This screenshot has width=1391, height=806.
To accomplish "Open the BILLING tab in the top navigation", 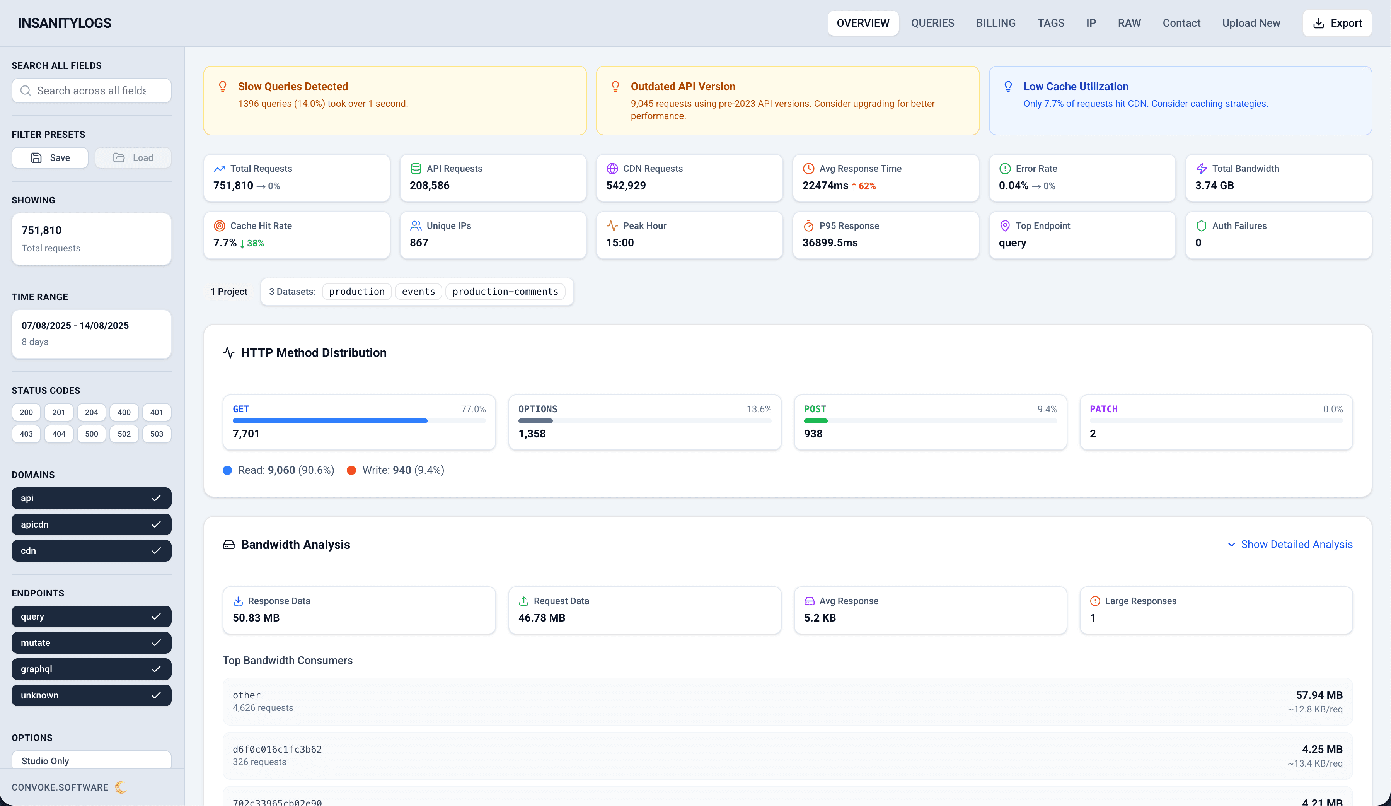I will (995, 23).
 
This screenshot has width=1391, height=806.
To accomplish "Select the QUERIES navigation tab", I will (932, 23).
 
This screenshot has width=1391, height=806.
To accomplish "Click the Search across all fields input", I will (92, 91).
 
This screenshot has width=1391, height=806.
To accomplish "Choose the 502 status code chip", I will (124, 434).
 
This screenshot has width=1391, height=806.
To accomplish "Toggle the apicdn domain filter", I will (92, 524).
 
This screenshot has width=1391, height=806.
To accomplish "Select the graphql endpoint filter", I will (92, 669).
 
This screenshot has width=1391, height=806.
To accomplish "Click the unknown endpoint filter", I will (92, 696).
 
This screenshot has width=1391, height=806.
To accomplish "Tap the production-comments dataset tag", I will (505, 292).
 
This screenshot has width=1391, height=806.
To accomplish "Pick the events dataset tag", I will (418, 292).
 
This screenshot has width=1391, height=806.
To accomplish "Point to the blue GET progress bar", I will (330, 421).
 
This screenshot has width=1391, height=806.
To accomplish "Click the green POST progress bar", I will (815, 421).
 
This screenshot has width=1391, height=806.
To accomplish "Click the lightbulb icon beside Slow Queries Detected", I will (222, 87).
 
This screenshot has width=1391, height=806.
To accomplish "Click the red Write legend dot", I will (351, 470).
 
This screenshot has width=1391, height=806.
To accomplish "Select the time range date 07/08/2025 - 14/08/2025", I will (75, 326).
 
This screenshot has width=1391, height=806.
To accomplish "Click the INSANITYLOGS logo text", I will (65, 23).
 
